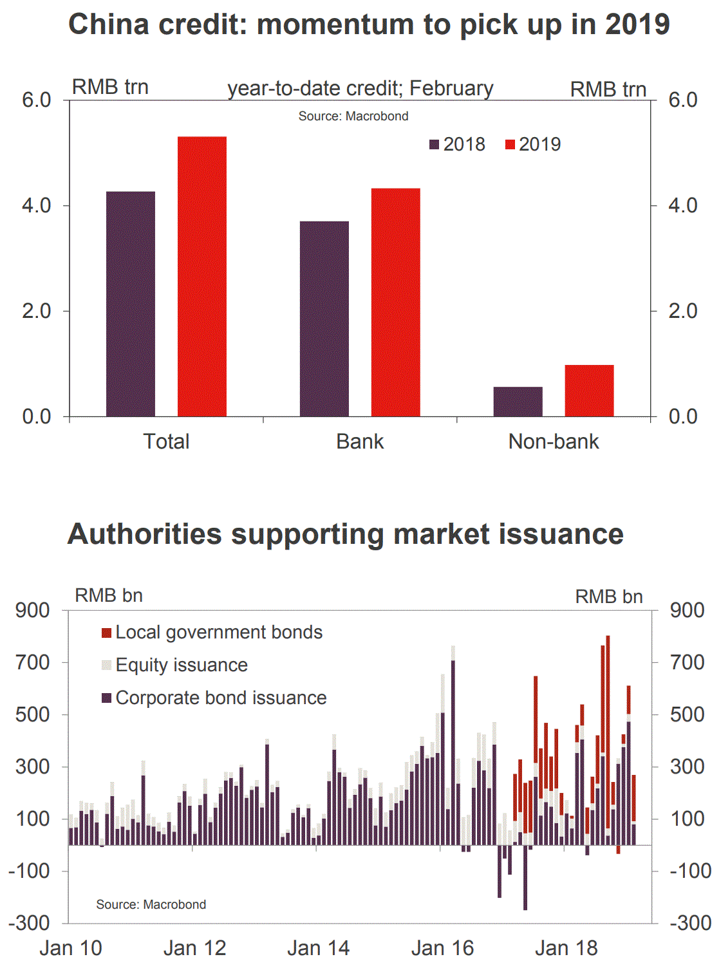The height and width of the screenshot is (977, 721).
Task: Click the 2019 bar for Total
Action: [x=201, y=277]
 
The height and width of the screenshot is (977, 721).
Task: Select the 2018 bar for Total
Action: [x=131, y=304]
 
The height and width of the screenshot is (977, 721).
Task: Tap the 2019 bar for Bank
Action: [x=395, y=302]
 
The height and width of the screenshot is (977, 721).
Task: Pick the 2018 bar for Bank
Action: [x=324, y=319]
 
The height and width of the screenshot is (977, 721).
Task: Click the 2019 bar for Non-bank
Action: [x=589, y=391]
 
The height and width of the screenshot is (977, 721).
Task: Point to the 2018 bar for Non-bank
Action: [x=518, y=402]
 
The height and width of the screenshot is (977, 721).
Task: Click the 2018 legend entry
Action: [x=458, y=144]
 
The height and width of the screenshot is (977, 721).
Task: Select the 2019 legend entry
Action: [x=533, y=144]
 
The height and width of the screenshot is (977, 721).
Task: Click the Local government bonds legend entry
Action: [x=212, y=632]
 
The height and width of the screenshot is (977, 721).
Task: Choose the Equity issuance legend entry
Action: [x=175, y=665]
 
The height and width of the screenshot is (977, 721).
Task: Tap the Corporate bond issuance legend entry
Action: [x=214, y=698]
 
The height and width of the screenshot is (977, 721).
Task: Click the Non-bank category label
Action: [x=554, y=442]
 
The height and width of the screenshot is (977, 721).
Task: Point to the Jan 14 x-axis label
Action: [x=318, y=948]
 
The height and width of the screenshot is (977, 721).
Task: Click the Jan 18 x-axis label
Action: [x=566, y=948]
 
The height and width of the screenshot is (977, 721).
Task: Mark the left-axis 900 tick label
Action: [x=33, y=610]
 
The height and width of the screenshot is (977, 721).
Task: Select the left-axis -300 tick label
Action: [x=28, y=923]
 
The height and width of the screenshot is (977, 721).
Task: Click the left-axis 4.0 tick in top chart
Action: [x=37, y=205]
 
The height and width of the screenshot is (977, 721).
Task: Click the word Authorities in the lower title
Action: [x=145, y=534]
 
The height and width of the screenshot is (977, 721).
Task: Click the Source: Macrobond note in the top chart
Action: [x=353, y=116]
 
